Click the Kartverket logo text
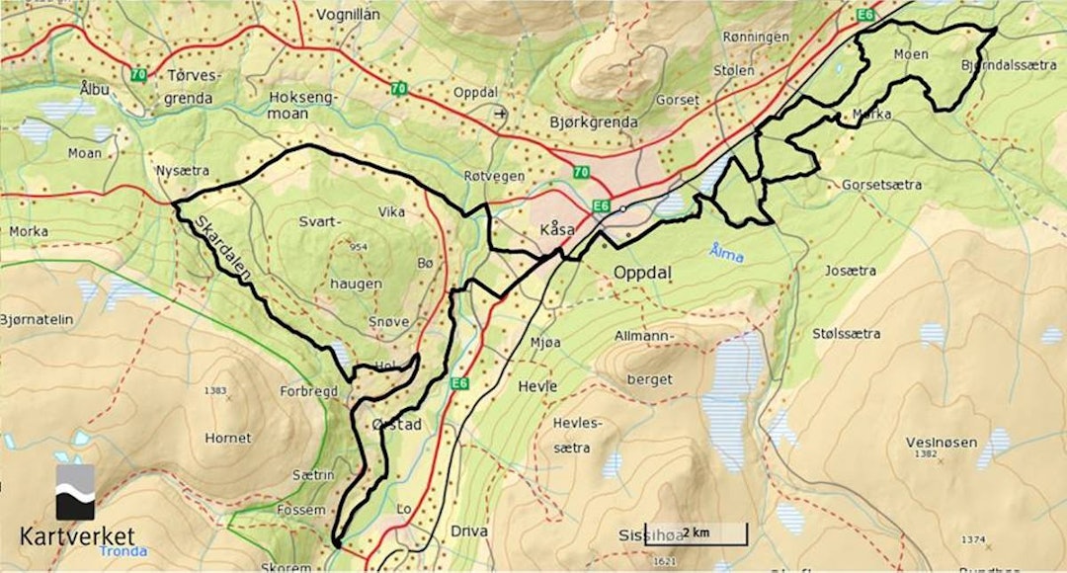pos(76,536)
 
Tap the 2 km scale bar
pos(696,534)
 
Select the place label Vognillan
pos(348,15)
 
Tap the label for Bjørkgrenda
pos(593,123)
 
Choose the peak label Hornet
pos(227,438)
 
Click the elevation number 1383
pos(215,391)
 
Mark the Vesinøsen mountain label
pos(940,441)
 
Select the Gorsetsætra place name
pos(881,185)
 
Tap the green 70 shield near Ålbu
pos(138,74)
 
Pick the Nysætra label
pos(178,170)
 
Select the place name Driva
pos(469,531)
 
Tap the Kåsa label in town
pos(558,229)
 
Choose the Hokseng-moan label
pos(303,106)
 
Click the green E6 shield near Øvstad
pos(457,382)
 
